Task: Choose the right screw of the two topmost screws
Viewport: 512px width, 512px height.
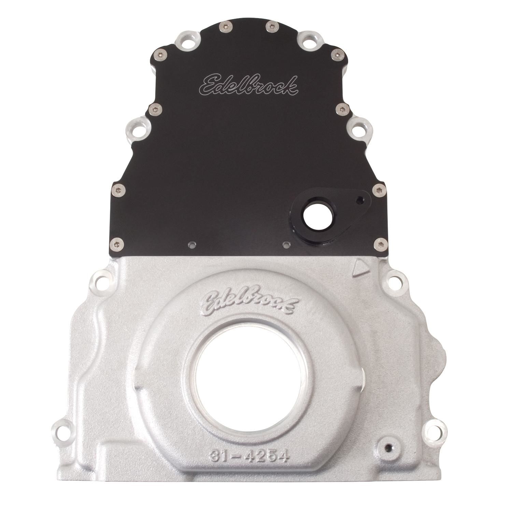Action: [272, 25]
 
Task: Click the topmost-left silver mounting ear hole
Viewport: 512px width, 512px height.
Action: [185, 44]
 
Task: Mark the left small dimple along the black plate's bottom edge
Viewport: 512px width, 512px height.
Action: [192, 244]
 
